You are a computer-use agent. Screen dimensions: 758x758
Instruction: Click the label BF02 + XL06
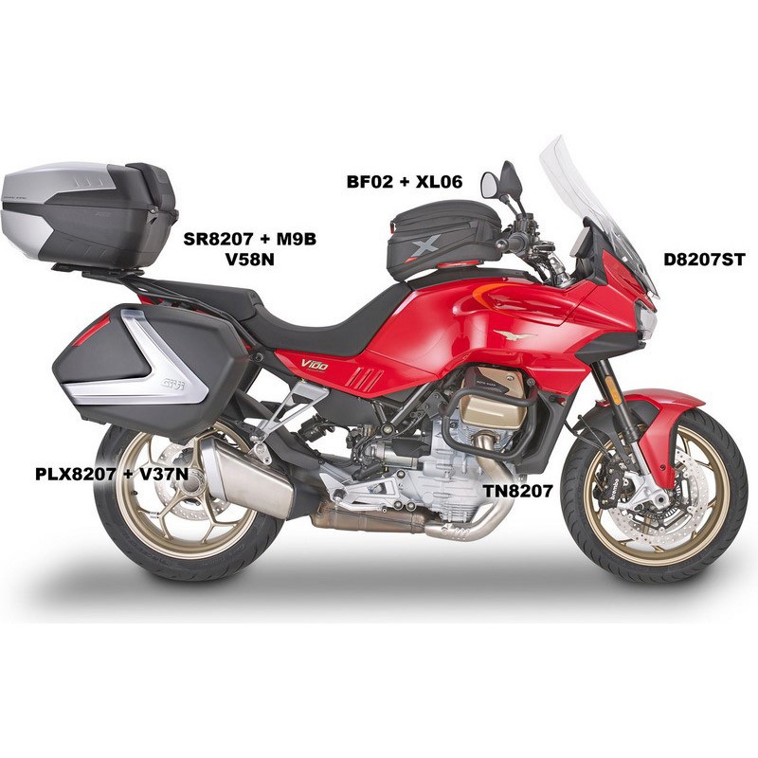click(405, 181)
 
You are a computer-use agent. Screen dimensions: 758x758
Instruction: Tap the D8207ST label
click(703, 260)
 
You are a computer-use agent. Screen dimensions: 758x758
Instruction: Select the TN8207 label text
click(517, 491)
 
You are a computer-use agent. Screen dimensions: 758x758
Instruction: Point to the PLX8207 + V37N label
click(112, 475)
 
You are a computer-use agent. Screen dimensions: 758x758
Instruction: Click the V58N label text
click(249, 260)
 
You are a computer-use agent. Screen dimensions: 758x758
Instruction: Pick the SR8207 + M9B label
click(249, 239)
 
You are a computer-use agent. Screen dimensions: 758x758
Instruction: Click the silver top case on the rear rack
click(89, 214)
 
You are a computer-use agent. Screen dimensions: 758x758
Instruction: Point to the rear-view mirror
click(490, 185)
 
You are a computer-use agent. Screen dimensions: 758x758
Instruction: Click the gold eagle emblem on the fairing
click(514, 334)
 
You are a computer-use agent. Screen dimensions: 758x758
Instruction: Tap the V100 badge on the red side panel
click(315, 364)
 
